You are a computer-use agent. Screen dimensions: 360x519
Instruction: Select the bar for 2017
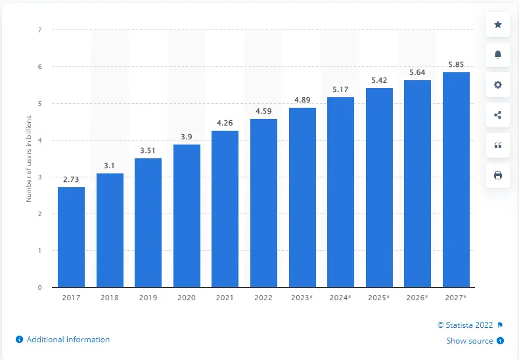click(71, 237)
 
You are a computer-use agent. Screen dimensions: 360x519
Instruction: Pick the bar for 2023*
click(302, 197)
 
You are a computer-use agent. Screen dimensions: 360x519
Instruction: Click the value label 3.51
click(148, 150)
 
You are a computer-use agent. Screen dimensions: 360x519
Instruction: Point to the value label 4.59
click(263, 110)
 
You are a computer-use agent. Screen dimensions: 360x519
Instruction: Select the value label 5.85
click(456, 64)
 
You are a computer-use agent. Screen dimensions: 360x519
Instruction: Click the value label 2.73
click(71, 179)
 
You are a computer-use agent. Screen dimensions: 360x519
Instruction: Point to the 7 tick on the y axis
click(41, 30)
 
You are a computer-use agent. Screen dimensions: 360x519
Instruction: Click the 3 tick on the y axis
click(41, 177)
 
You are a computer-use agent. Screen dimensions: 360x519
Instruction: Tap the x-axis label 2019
click(148, 298)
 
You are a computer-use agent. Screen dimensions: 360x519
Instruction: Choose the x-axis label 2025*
click(379, 298)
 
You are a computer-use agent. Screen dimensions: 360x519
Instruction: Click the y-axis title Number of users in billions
click(30, 158)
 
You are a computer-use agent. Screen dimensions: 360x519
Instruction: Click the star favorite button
click(497, 24)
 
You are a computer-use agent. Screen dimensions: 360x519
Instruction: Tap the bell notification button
click(497, 55)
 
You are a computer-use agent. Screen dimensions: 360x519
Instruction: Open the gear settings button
click(497, 85)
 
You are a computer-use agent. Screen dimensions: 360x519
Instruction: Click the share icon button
click(497, 115)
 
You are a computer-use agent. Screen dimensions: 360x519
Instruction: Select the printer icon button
click(497, 175)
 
